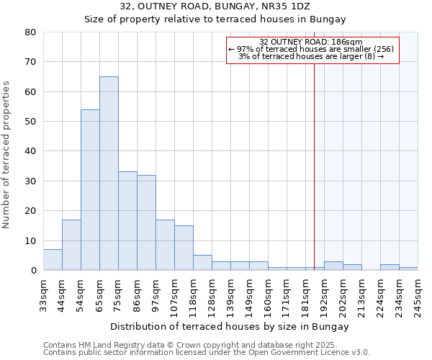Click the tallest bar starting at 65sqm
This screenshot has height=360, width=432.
tap(109, 173)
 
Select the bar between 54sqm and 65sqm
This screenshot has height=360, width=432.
tap(90, 189)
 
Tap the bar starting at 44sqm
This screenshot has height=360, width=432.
tap(71, 245)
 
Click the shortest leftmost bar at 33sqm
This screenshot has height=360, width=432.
tap(53, 260)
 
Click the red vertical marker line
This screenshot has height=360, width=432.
tap(314, 166)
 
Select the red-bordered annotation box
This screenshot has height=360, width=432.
tap(312, 50)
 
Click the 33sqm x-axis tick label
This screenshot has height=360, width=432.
tap(43, 294)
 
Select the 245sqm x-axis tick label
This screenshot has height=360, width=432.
tap(418, 294)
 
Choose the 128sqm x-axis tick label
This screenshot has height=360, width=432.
tap(212, 294)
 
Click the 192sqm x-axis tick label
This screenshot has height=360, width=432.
tap(324, 294)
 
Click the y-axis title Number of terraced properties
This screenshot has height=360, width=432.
tap(7, 154)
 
